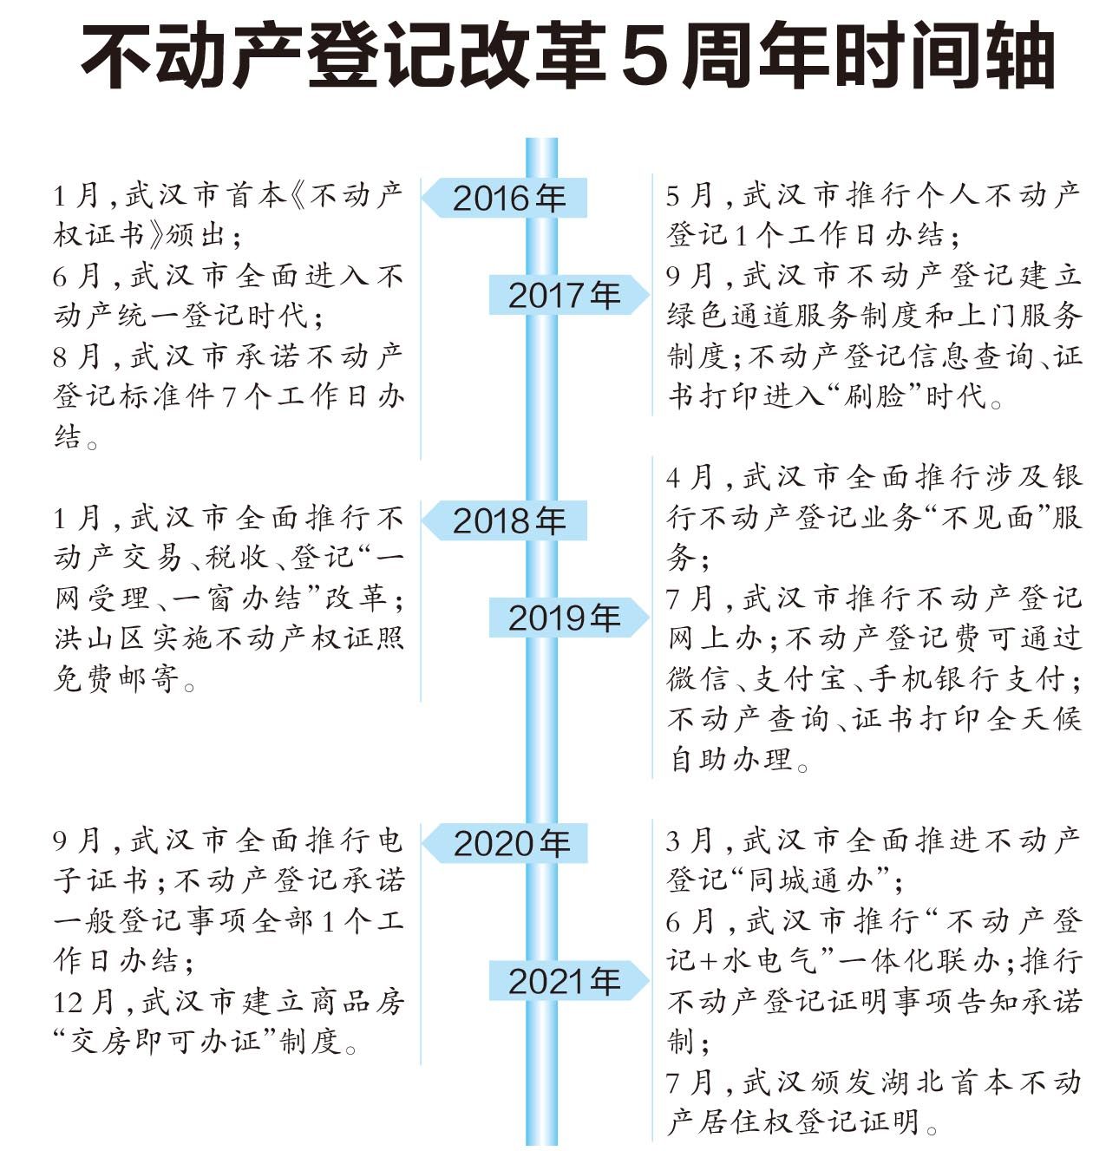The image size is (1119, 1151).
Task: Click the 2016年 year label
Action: (508, 198)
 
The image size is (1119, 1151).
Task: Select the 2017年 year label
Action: (564, 295)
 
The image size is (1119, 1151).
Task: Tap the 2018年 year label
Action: (508, 520)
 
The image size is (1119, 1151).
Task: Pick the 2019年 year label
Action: (564, 618)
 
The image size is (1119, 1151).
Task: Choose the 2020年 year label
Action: (510, 843)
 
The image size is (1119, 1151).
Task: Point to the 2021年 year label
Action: (564, 981)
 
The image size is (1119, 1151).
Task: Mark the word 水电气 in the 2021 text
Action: (769, 960)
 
